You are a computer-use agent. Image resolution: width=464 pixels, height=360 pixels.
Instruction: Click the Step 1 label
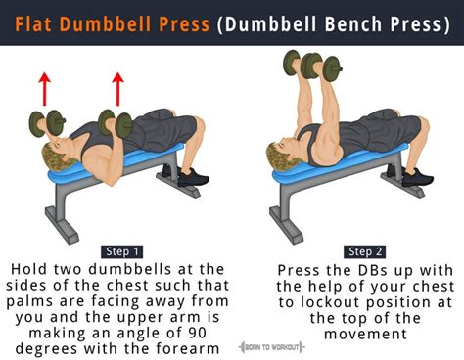click(x=122, y=251)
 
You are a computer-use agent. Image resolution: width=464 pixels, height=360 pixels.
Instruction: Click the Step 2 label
click(x=365, y=251)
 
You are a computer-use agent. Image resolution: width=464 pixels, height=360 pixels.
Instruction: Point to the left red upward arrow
click(x=45, y=89)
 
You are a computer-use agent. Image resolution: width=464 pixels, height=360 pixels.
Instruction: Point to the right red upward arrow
click(x=117, y=89)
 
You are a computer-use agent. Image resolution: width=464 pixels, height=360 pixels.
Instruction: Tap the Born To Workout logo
click(x=271, y=347)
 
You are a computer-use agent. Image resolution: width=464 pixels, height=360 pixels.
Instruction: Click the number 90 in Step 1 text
click(x=197, y=333)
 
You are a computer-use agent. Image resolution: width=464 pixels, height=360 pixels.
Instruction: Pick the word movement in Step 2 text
click(x=365, y=334)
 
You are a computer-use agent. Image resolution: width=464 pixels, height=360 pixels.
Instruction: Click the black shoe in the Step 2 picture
click(x=417, y=177)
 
